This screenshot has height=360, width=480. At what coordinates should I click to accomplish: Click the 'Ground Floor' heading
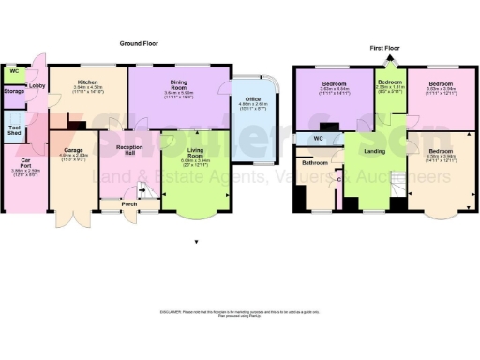138,44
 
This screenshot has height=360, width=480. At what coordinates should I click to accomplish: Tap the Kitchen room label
89,82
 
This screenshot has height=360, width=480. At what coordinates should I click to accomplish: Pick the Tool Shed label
15,129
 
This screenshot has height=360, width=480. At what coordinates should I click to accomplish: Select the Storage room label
13,91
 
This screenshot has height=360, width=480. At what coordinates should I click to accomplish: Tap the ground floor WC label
13,71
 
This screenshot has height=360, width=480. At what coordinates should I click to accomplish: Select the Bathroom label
315,163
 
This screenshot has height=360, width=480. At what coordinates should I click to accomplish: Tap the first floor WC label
319,140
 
